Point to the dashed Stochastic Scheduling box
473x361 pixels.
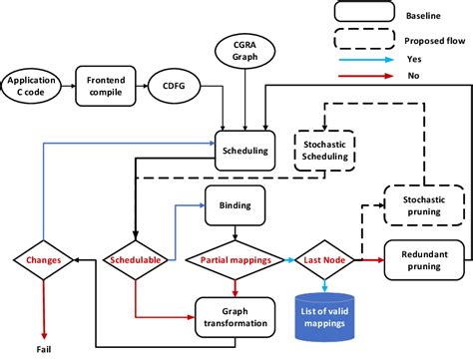click(326, 148)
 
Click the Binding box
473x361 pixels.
click(235, 207)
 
